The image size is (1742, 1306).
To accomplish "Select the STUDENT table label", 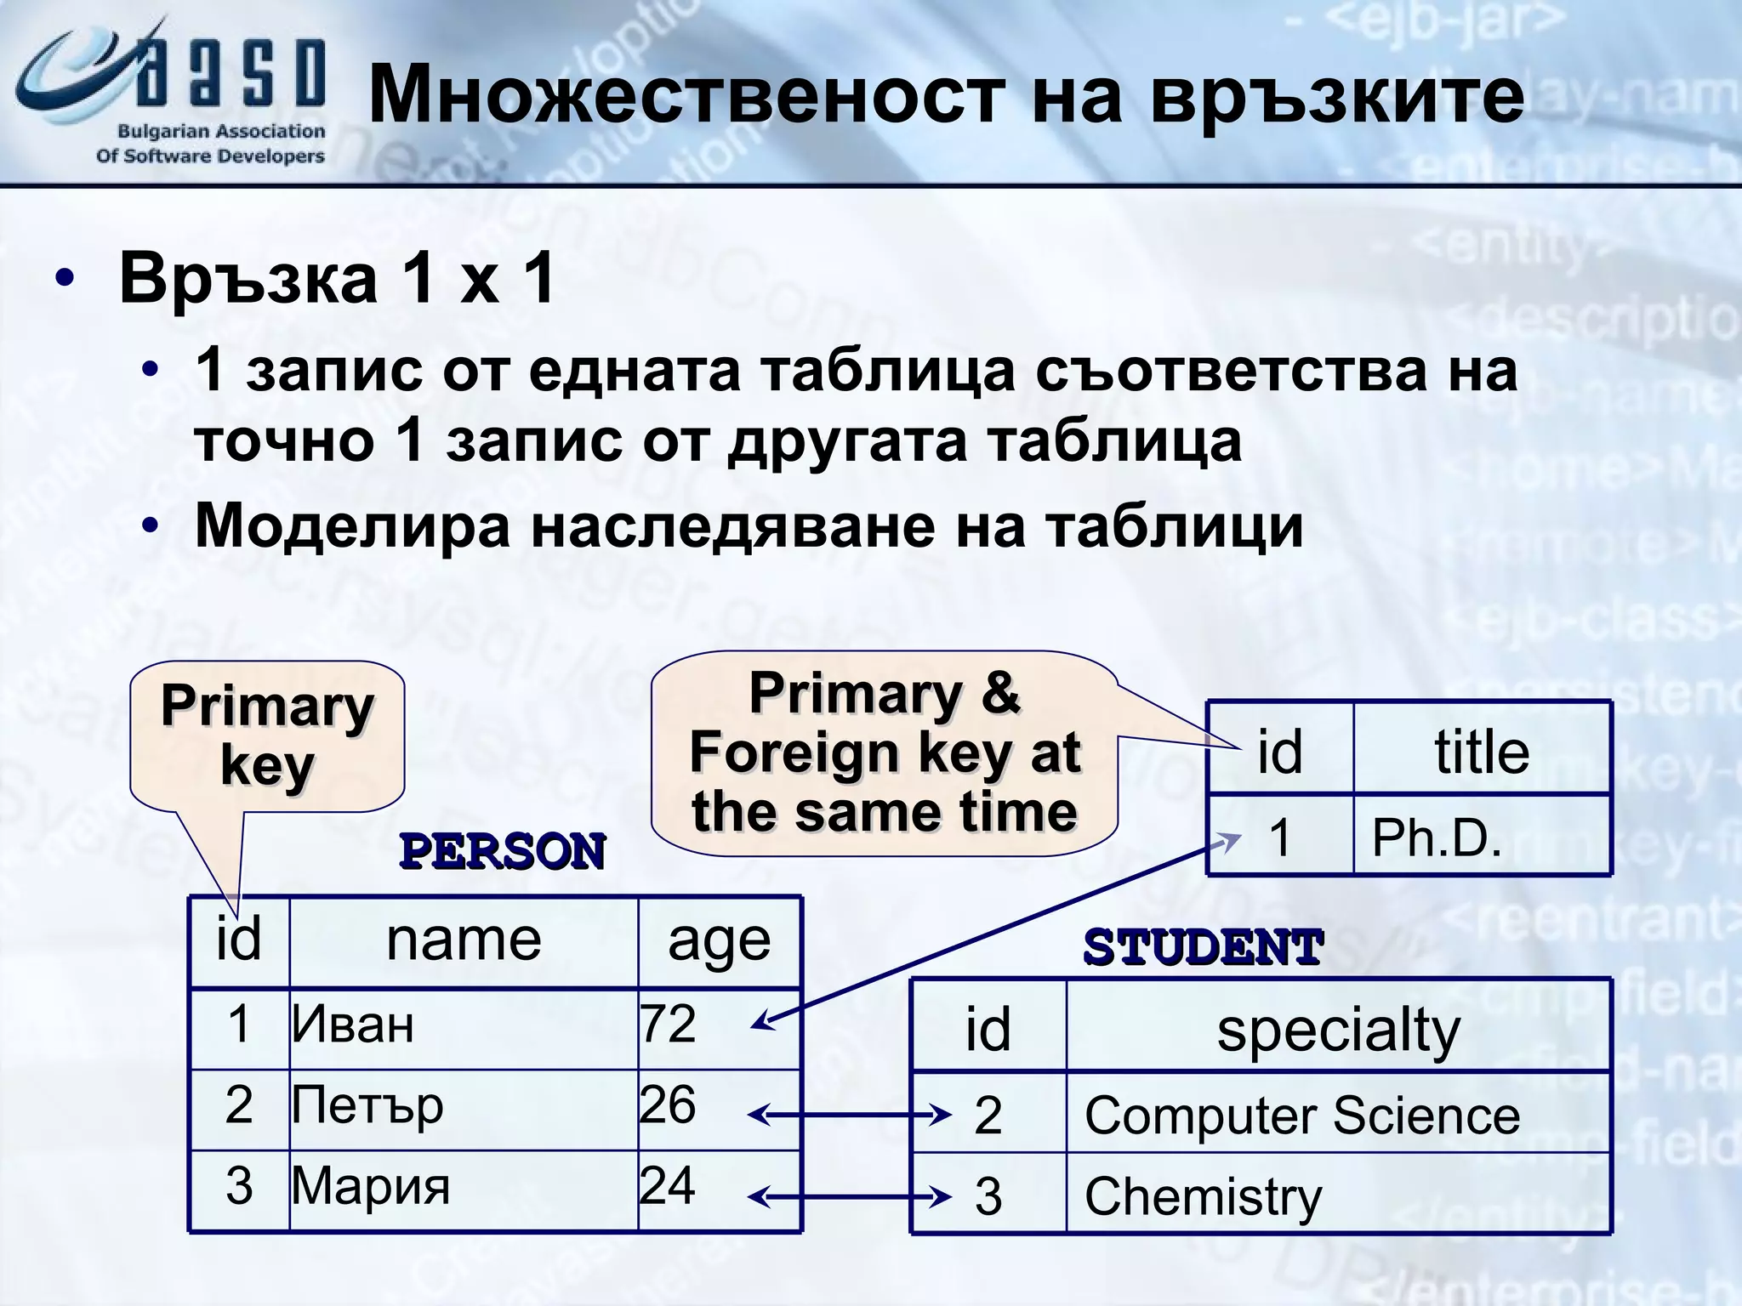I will click(1203, 947).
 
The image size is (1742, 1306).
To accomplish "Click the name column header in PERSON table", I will click(464, 940).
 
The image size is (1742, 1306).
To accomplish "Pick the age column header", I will click(719, 942).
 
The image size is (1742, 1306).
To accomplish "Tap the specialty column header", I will click(1338, 1030).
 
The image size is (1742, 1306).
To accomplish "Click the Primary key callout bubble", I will click(267, 736).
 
